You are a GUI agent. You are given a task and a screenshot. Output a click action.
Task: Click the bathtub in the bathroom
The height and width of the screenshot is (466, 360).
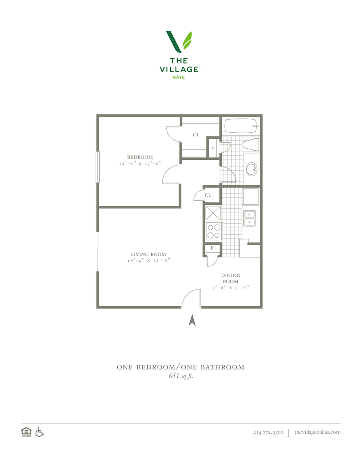241,126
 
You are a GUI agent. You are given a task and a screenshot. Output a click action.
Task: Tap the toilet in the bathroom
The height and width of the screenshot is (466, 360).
250,144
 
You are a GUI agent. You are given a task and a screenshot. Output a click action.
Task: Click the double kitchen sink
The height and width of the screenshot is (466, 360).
249,218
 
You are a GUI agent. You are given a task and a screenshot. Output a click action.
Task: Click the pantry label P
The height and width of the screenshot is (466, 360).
212,248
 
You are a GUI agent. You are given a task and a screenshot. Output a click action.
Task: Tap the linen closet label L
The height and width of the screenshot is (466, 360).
212,148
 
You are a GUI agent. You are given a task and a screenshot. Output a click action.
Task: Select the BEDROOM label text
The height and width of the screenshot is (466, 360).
140,157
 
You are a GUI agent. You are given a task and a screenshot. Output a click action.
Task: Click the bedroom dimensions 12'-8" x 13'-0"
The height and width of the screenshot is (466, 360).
140,164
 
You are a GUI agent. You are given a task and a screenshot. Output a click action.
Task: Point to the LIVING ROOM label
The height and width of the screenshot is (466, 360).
148,254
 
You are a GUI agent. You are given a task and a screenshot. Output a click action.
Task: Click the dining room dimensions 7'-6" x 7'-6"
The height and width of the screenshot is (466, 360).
231,288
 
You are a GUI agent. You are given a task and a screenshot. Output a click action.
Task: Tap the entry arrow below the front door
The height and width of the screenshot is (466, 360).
192,320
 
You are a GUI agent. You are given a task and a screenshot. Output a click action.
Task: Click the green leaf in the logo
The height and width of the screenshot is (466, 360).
187,40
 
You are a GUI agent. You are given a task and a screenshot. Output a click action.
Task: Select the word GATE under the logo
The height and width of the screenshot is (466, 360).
178,77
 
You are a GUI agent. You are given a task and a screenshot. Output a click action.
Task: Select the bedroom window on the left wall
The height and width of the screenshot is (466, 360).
97,167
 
